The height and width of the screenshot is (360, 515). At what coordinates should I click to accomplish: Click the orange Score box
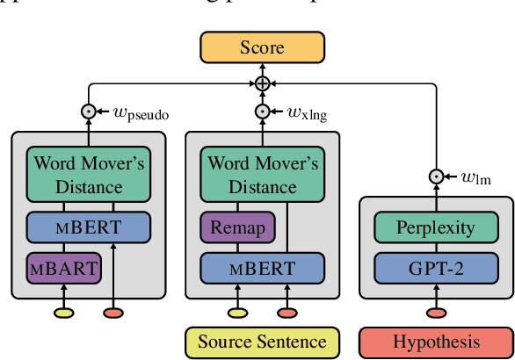(263, 47)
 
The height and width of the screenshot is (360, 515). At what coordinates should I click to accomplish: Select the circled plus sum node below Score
(263, 83)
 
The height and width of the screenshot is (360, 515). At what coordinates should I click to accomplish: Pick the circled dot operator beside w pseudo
(88, 112)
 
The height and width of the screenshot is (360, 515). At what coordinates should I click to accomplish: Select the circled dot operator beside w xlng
(263, 112)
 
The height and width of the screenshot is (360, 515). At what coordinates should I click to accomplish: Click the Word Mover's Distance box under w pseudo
(88, 174)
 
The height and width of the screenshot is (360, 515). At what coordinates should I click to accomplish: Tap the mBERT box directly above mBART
(88, 227)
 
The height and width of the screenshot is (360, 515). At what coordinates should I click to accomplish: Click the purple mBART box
(62, 264)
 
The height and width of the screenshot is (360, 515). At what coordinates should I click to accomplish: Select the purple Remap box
(236, 227)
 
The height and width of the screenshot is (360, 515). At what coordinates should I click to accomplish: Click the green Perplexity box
(437, 228)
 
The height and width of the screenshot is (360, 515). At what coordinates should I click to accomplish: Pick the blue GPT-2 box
(437, 264)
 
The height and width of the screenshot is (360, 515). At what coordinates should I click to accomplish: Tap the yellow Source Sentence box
(262, 342)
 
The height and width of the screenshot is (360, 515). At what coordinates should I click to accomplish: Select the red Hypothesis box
(437, 342)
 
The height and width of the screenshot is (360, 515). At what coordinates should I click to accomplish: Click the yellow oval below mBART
(62, 312)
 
